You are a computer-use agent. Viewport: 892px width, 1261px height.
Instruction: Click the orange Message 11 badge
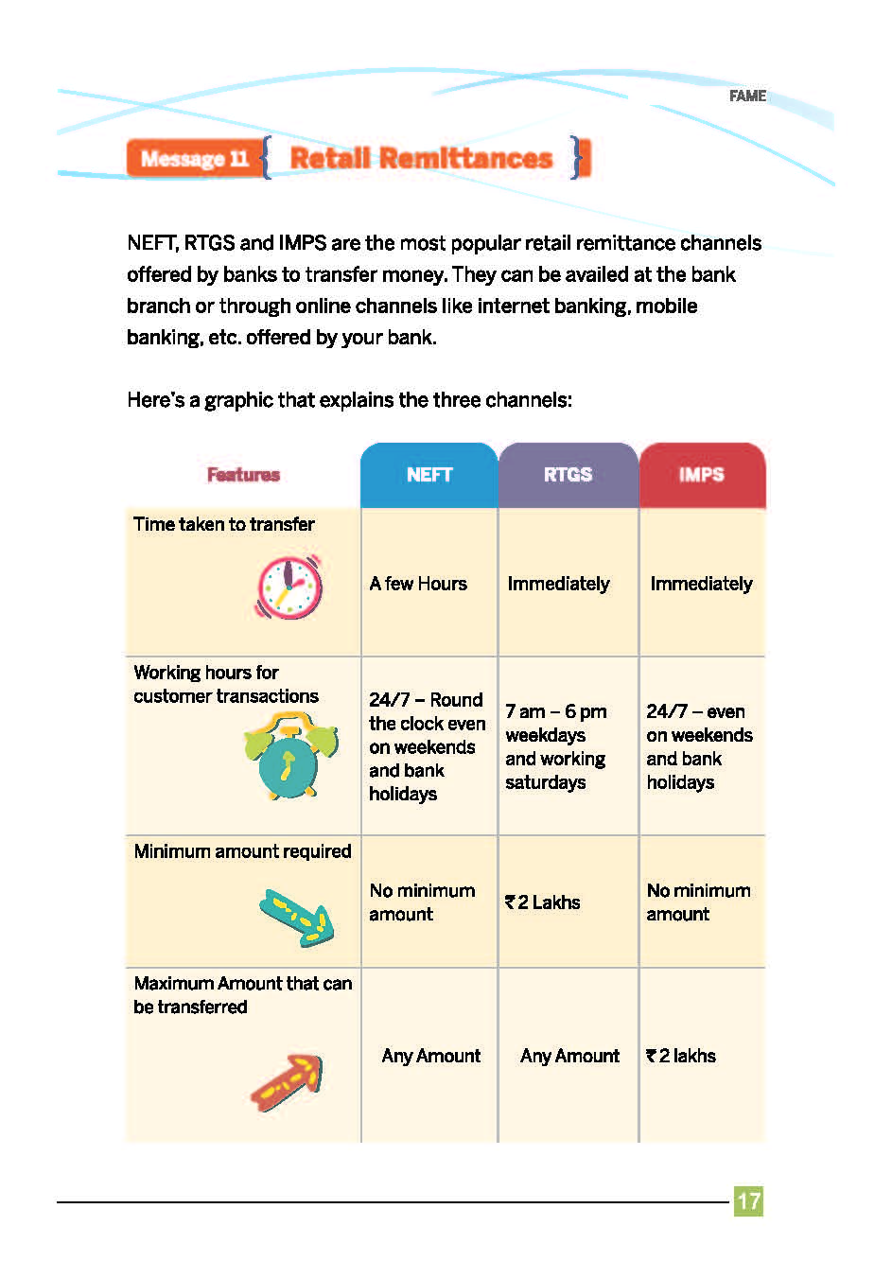pos(193,158)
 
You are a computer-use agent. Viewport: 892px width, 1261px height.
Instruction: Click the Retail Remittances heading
pos(421,158)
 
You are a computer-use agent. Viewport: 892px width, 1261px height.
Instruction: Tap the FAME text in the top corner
pos(747,96)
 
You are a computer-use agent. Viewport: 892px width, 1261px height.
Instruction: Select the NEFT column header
pos(429,475)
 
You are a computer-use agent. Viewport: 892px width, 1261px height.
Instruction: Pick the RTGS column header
pos(568,475)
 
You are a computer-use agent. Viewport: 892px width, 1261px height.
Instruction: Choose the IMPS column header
pos(701,475)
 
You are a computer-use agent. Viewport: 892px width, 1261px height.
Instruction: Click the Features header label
pos(243,475)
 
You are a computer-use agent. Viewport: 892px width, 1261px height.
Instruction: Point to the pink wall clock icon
pos(289,587)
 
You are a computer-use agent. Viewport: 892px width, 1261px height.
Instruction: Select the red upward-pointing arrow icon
pos(288,1082)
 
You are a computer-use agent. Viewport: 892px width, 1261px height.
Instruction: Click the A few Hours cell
pos(418,584)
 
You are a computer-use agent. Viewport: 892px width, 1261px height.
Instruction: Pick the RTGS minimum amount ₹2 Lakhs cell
pos(543,902)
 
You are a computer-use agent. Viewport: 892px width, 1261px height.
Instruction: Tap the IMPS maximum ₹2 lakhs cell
pos(681,1056)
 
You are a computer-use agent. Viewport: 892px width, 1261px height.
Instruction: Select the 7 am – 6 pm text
pos(556,711)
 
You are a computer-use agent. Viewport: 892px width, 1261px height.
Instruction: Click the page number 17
pos(748,1201)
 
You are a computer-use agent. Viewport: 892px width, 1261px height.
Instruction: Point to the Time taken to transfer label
pos(224,524)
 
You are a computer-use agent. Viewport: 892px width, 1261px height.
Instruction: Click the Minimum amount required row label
pos(242,851)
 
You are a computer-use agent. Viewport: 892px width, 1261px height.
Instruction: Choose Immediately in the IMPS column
pos(701,584)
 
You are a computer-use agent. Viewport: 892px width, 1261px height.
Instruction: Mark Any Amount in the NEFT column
pos(431,1056)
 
